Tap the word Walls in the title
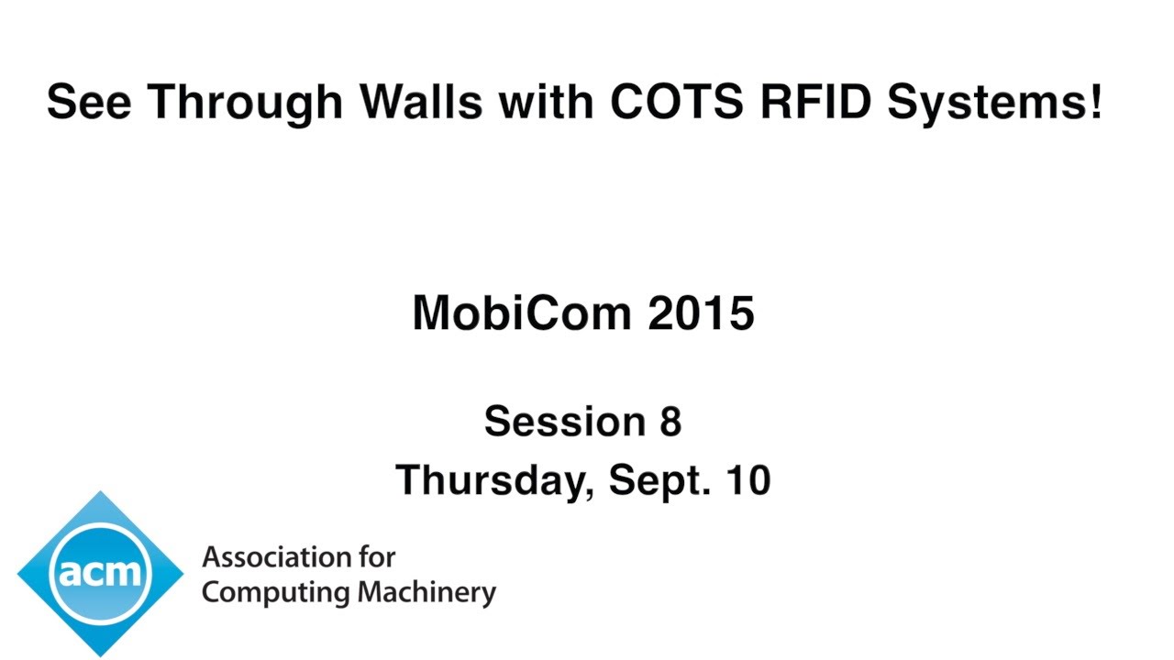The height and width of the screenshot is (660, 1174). pos(421,101)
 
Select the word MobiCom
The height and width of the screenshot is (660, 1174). pos(522,313)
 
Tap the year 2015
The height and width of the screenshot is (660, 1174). pos(702,313)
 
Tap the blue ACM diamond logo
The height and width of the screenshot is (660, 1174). pos(100,573)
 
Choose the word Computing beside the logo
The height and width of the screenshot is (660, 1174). pos(276,593)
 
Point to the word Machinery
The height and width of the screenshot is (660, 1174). pos(426,592)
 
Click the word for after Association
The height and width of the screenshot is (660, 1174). pos(377,556)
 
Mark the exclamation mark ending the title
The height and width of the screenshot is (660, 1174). pos(1095,101)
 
